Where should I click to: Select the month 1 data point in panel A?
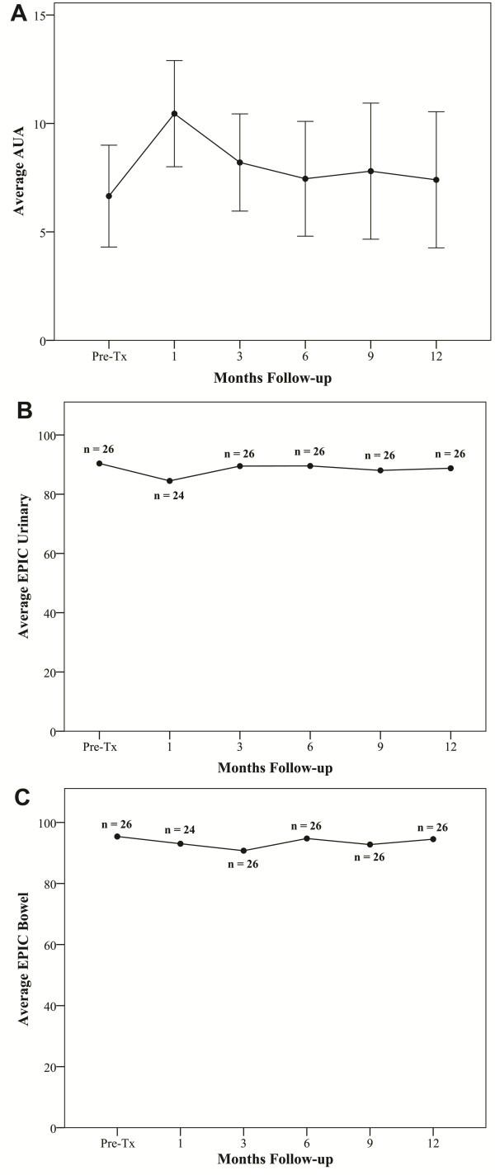174,113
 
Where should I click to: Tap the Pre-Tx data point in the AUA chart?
108,196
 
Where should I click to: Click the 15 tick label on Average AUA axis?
38,16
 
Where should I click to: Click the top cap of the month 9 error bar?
370,103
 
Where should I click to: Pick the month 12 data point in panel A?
436,180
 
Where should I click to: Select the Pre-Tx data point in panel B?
99,463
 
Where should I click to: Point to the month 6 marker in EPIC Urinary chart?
310,465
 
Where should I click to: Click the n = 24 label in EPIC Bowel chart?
181,829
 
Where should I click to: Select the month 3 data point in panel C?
243,851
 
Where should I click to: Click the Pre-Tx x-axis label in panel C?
117,1144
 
